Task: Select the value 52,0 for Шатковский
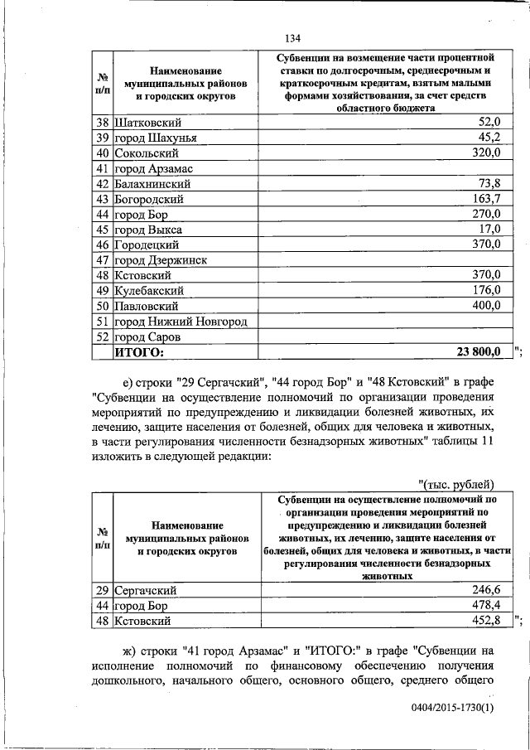click(x=486, y=122)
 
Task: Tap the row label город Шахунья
click(x=154, y=138)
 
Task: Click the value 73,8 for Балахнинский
click(x=486, y=184)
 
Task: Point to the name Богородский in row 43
click(x=149, y=199)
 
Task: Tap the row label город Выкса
click(x=147, y=230)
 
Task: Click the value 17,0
click(x=486, y=230)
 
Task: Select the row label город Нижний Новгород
click(x=181, y=322)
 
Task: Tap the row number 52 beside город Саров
click(x=102, y=337)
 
